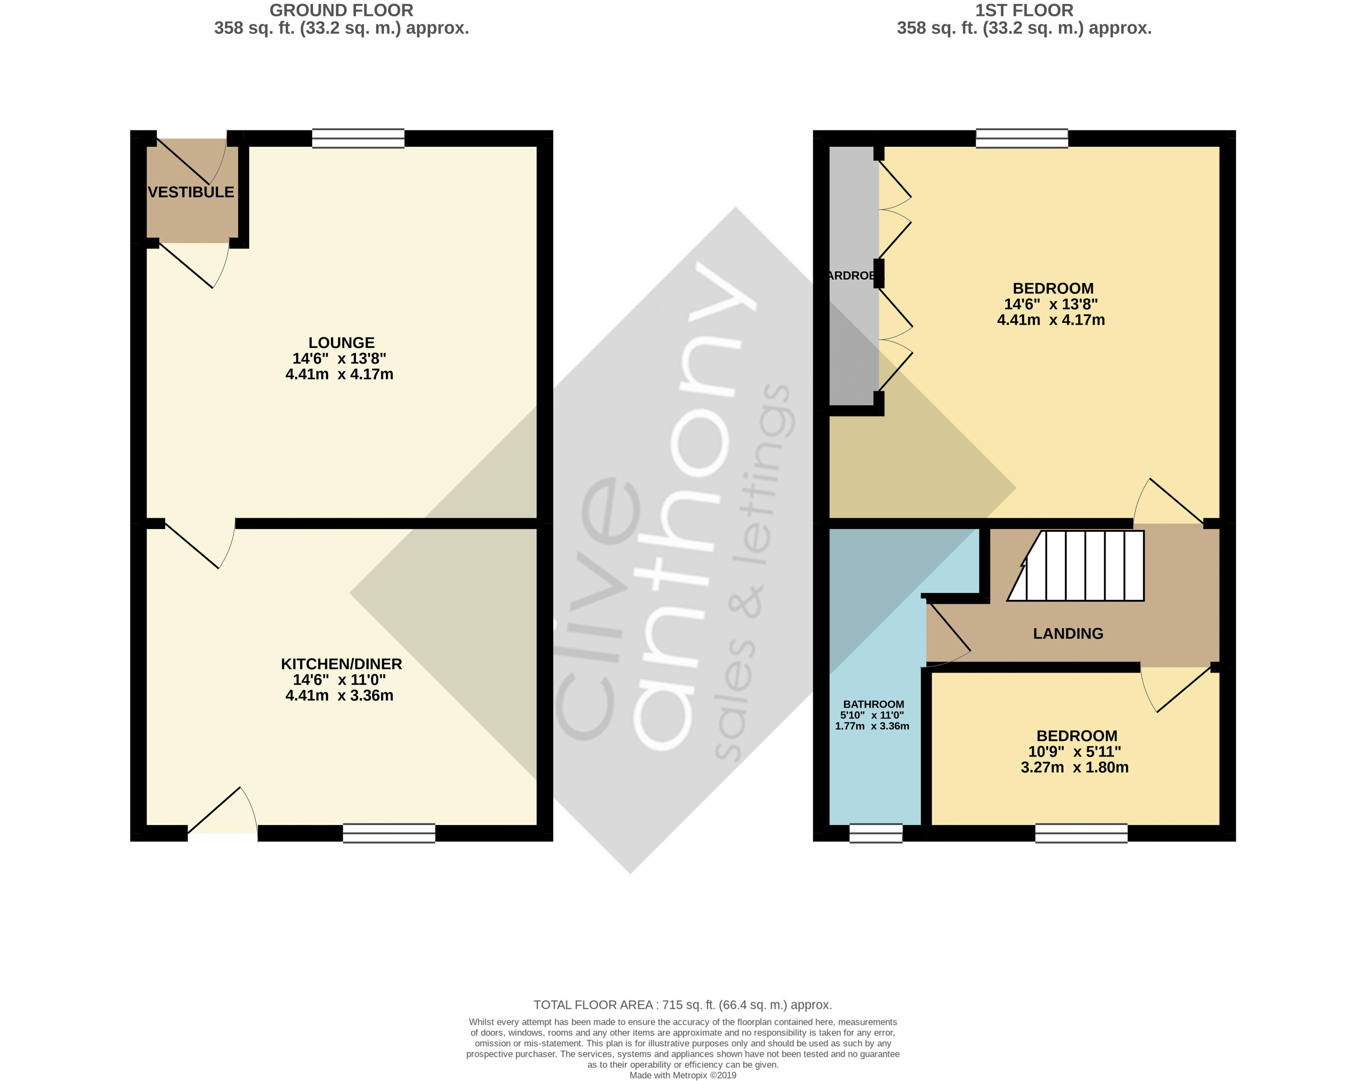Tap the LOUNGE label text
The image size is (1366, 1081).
point(341,343)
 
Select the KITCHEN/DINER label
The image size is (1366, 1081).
point(341,664)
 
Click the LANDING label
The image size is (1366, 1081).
point(1068,634)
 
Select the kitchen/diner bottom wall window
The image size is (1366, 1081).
point(389,833)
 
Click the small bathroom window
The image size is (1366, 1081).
point(876,833)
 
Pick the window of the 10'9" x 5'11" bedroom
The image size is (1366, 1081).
point(1081,833)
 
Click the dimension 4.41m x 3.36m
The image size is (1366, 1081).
point(339,696)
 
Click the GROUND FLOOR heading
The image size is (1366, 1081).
point(341,10)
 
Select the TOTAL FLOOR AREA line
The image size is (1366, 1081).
point(683,1004)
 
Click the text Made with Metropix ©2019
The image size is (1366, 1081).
point(683,1075)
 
